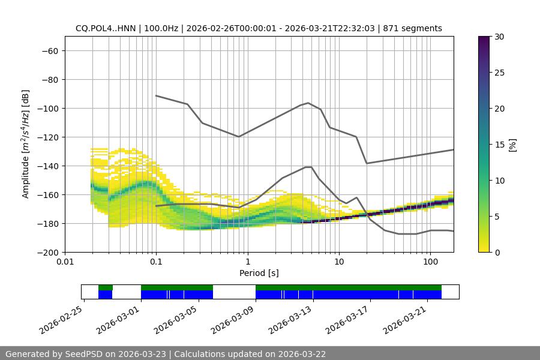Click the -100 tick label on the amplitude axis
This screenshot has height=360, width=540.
click(49, 109)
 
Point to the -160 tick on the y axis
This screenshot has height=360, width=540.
click(49, 195)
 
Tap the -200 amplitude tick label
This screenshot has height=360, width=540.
click(49, 253)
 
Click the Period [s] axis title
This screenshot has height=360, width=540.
click(259, 273)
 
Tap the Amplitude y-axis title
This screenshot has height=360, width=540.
click(26, 144)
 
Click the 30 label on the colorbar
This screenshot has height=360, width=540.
click(499, 37)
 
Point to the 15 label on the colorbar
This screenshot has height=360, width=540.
click(499, 145)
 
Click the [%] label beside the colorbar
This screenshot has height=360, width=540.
click(512, 145)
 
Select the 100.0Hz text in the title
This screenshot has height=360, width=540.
click(162, 28)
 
